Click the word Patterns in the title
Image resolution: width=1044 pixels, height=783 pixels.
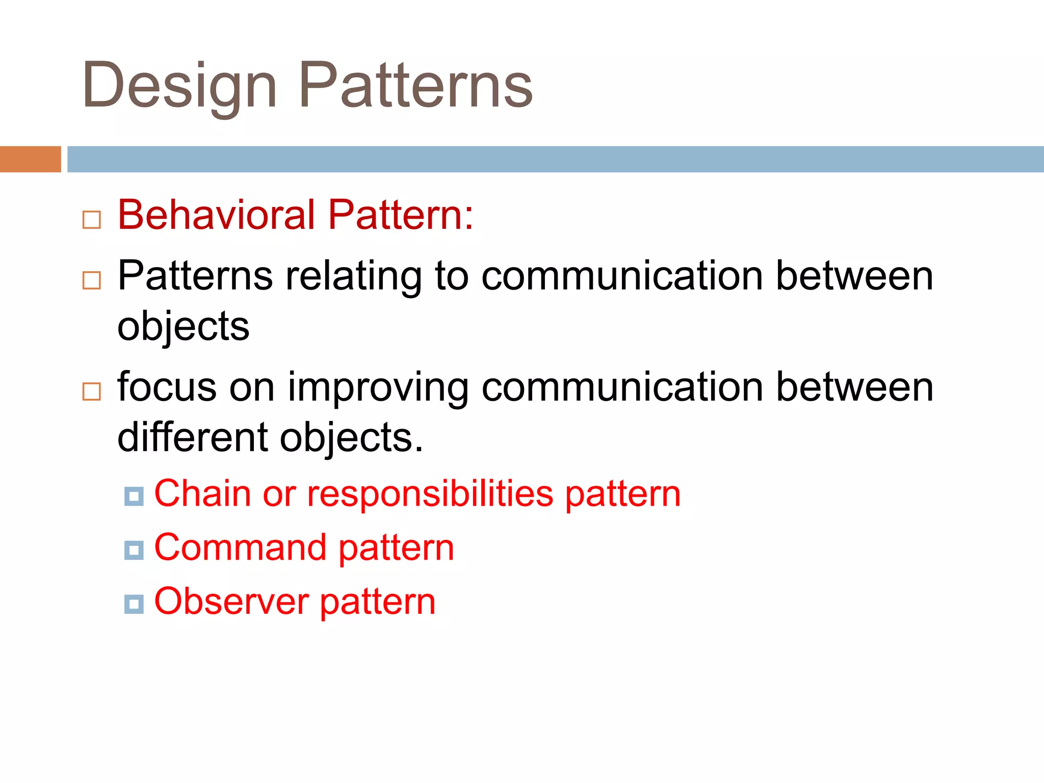[415, 85]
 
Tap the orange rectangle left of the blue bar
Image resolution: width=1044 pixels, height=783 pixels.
[30, 159]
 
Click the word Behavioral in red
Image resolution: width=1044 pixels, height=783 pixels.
[216, 215]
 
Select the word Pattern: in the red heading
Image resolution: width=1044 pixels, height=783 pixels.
[401, 215]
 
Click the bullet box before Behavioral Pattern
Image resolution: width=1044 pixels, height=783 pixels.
[92, 220]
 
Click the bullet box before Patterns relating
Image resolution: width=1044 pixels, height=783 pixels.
[92, 280]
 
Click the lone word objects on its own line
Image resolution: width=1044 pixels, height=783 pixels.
[184, 326]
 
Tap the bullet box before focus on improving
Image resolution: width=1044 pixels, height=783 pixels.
[92, 391]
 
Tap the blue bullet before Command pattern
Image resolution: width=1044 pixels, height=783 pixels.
[134, 550]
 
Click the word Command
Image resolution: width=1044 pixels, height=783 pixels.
[240, 547]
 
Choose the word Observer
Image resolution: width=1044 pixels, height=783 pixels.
[231, 602]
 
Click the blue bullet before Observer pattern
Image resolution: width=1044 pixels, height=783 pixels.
[134, 604]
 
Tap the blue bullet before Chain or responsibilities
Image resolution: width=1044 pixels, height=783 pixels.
[134, 496]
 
